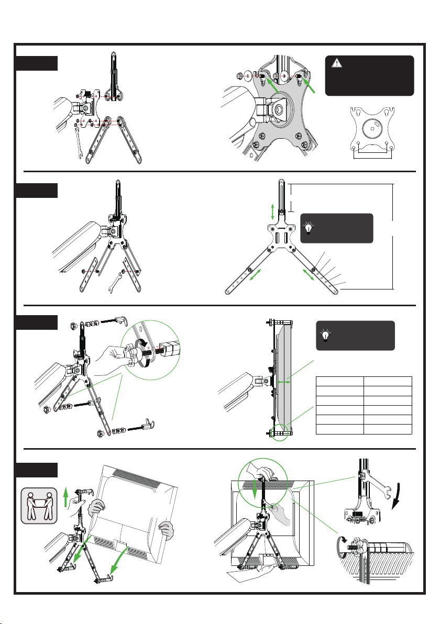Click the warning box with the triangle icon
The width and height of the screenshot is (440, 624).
369,75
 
